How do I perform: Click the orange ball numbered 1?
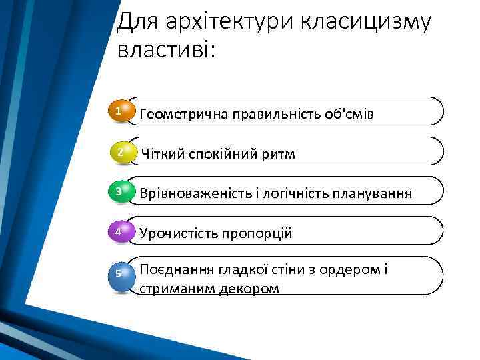pyautogui.click(x=121, y=111)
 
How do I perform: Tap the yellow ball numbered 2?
pyautogui.click(x=121, y=152)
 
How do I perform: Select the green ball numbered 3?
pyautogui.click(x=121, y=192)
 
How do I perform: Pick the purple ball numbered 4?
pyautogui.click(x=121, y=232)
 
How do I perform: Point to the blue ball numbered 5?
pyautogui.click(x=121, y=274)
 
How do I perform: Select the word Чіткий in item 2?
pyautogui.click(x=160, y=154)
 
